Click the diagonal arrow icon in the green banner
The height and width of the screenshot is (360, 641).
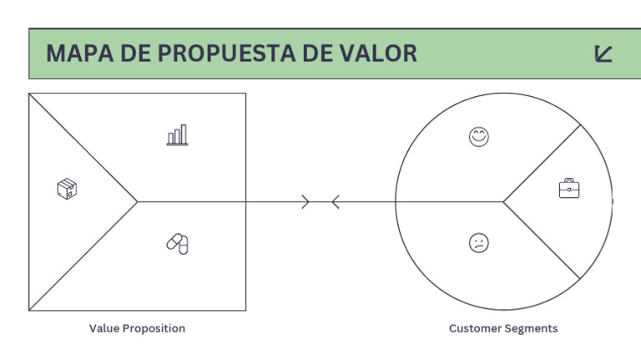click(603, 54)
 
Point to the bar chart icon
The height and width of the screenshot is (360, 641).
click(177, 134)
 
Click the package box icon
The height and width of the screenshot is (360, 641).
click(67, 189)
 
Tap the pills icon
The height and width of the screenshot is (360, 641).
click(178, 243)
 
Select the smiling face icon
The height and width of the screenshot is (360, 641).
click(479, 137)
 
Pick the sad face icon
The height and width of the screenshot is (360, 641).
click(479, 243)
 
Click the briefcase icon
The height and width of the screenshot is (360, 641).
click(569, 189)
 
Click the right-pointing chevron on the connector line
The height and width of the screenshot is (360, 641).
click(305, 201)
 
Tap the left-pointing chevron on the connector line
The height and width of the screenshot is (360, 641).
click(335, 201)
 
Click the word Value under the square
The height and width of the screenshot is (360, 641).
click(104, 328)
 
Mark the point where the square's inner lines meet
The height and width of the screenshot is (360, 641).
click(138, 201)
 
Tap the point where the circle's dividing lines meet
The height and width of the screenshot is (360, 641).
click(503, 201)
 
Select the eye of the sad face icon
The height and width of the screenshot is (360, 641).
click(476, 241)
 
